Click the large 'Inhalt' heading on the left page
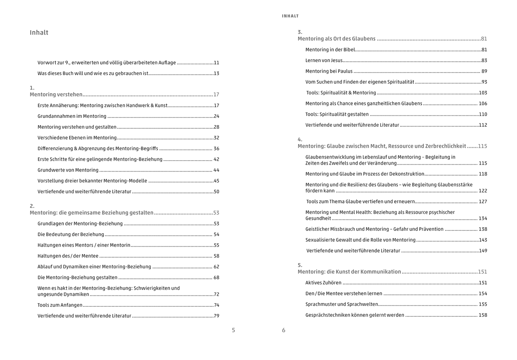click(x=39, y=33)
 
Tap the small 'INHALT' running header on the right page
click(x=290, y=16)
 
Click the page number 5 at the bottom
click(x=233, y=330)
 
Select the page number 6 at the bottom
click(x=284, y=330)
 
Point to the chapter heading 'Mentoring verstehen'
click(x=56, y=94)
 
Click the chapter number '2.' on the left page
click(x=32, y=206)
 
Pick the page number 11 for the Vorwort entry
click(x=216, y=63)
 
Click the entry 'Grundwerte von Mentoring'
click(x=68, y=170)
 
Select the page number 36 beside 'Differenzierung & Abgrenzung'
click(x=216, y=149)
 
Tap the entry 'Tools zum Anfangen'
click(x=60, y=305)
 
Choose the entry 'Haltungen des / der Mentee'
click(x=68, y=256)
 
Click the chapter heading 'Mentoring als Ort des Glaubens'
click(x=336, y=39)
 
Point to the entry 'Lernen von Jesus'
click(x=324, y=60)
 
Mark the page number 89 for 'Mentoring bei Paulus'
click(x=484, y=71)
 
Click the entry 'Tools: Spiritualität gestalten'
click(x=337, y=114)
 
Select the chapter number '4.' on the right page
click(x=300, y=139)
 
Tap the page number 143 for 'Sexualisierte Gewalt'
click(x=483, y=240)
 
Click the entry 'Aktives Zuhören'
click(x=323, y=283)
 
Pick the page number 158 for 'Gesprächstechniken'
click(x=483, y=315)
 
